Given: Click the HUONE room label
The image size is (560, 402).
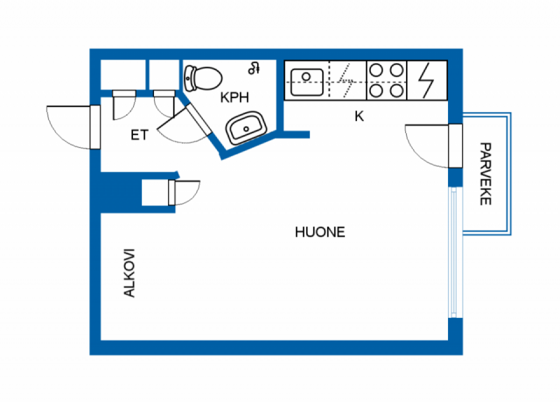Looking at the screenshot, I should pyautogui.click(x=320, y=232).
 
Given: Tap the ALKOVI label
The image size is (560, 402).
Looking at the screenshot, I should pyautogui.click(x=129, y=273).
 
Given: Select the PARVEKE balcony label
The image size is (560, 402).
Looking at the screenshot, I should pyautogui.click(x=485, y=174).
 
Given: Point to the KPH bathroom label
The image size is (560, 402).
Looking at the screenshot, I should pyautogui.click(x=234, y=97).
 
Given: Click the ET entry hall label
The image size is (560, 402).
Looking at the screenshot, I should pyautogui.click(x=139, y=135).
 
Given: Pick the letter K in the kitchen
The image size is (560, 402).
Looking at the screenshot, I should pyautogui.click(x=359, y=117).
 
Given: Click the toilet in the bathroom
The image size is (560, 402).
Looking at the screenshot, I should pyautogui.click(x=203, y=78).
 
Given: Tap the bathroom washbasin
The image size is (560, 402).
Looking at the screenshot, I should pyautogui.click(x=246, y=128).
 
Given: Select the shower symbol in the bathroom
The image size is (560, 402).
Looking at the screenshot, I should pyautogui.click(x=254, y=68).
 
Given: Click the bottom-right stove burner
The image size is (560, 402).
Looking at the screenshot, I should pyautogui.click(x=396, y=91).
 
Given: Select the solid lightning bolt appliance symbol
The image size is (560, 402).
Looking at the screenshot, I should pyautogui.click(x=426, y=80).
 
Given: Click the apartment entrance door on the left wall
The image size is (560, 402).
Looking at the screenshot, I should pyautogui.click(x=95, y=127).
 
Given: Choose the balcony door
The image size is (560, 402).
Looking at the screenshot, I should pyautogui.click(x=455, y=146).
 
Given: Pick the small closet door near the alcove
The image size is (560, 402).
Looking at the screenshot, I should pyautogui.click(x=172, y=192).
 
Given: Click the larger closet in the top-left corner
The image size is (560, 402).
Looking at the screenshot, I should pyautogui.click(x=122, y=75).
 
